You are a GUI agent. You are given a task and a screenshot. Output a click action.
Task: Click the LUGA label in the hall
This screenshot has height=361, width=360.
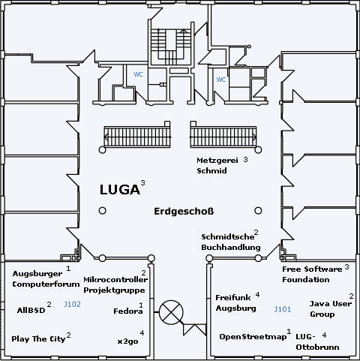[x=120, y=189]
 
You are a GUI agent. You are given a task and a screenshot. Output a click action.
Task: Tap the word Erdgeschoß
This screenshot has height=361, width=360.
[x=184, y=212]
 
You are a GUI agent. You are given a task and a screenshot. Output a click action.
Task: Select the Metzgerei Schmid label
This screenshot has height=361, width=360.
[x=217, y=165]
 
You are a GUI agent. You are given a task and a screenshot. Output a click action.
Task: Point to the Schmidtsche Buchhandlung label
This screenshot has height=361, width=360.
[x=231, y=242]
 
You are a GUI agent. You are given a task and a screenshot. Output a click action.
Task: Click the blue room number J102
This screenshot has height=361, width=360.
[x=72, y=304]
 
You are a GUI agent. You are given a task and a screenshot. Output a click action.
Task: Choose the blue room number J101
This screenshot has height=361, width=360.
[x=283, y=309]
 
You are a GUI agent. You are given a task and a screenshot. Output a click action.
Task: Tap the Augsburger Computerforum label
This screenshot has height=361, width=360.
[x=46, y=279]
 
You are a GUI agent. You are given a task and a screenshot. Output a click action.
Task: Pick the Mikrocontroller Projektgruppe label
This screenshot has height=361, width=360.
[x=115, y=284]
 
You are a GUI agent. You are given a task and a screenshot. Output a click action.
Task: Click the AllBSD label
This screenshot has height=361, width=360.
[x=31, y=310]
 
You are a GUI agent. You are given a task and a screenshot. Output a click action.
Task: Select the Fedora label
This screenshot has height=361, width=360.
[x=128, y=311]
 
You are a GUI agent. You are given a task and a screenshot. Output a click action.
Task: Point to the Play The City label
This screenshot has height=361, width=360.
[x=38, y=339]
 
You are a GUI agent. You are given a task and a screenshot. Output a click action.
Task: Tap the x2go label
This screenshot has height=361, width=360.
[x=127, y=341]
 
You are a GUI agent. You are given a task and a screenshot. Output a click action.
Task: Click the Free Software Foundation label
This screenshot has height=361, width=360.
[x=312, y=274]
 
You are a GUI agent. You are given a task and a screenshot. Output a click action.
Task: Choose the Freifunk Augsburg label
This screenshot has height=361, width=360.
[x=235, y=302]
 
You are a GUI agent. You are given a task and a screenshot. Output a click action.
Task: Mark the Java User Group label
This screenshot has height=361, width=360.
[x=331, y=308]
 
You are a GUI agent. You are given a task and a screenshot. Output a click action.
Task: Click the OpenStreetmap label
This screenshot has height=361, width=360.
[x=253, y=337]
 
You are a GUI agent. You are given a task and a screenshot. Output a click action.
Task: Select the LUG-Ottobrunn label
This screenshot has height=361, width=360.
[x=317, y=341]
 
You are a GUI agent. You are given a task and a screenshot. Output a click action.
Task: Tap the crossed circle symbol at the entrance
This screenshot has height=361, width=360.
[x=171, y=312]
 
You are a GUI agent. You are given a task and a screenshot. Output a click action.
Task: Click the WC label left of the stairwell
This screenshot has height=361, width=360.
[x=138, y=74]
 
